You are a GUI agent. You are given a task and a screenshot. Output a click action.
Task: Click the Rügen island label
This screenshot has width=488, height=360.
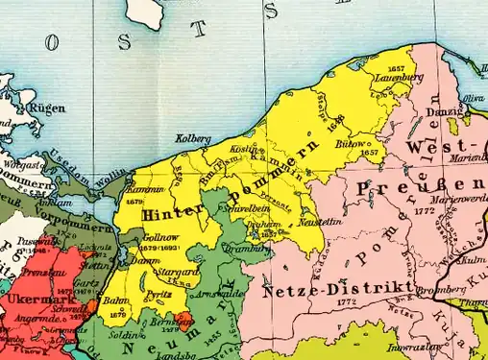click(48, 108)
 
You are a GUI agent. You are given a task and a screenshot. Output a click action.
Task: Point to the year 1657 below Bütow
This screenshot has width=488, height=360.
click(368, 153)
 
